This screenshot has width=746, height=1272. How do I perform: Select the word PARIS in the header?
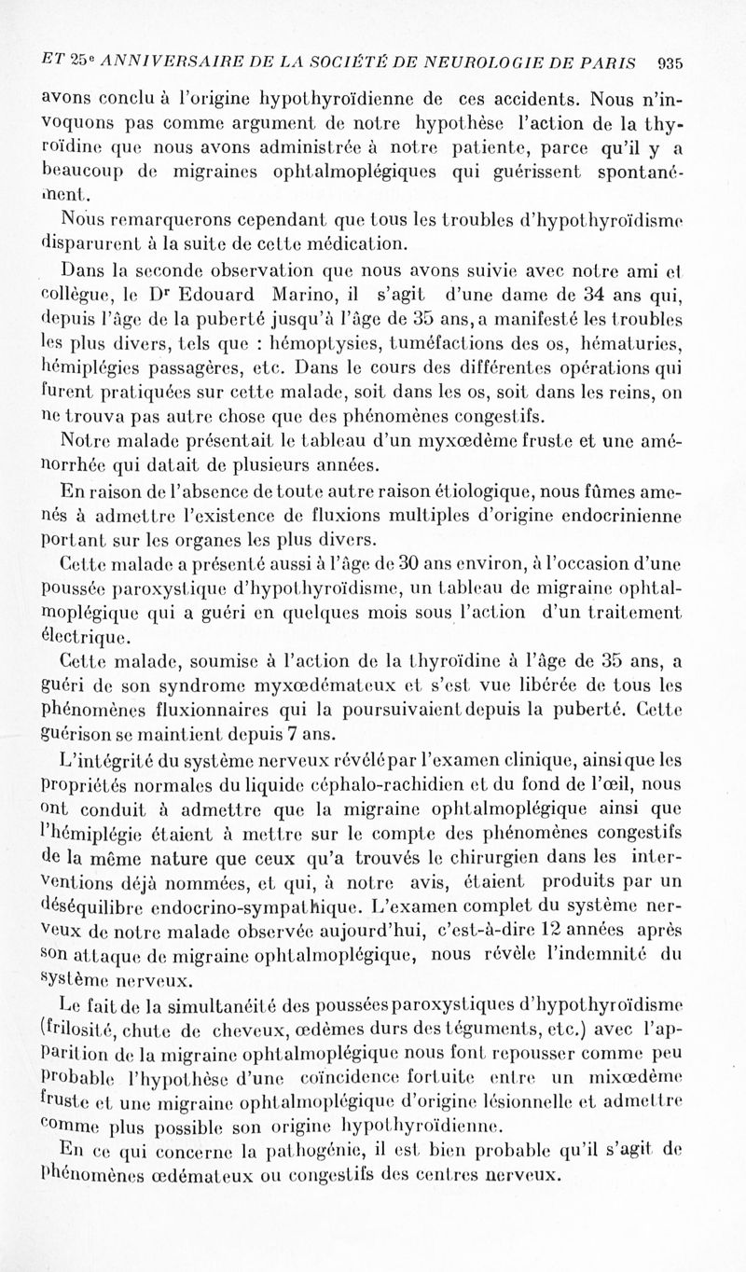(609, 65)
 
